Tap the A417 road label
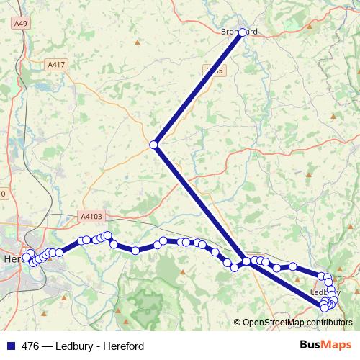pyautogui.click(x=55, y=65)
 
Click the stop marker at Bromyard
pyautogui.click(x=243, y=32)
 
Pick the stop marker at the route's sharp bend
pyautogui.click(x=153, y=145)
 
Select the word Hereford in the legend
pyautogui.click(x=122, y=346)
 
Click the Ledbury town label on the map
pyautogui.click(x=318, y=293)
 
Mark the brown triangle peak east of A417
pyautogui.click(x=137, y=42)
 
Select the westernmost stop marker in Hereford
pyautogui.click(x=27, y=257)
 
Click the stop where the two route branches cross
pyautogui.click(x=246, y=261)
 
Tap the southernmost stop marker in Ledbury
pyautogui.click(x=325, y=308)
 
